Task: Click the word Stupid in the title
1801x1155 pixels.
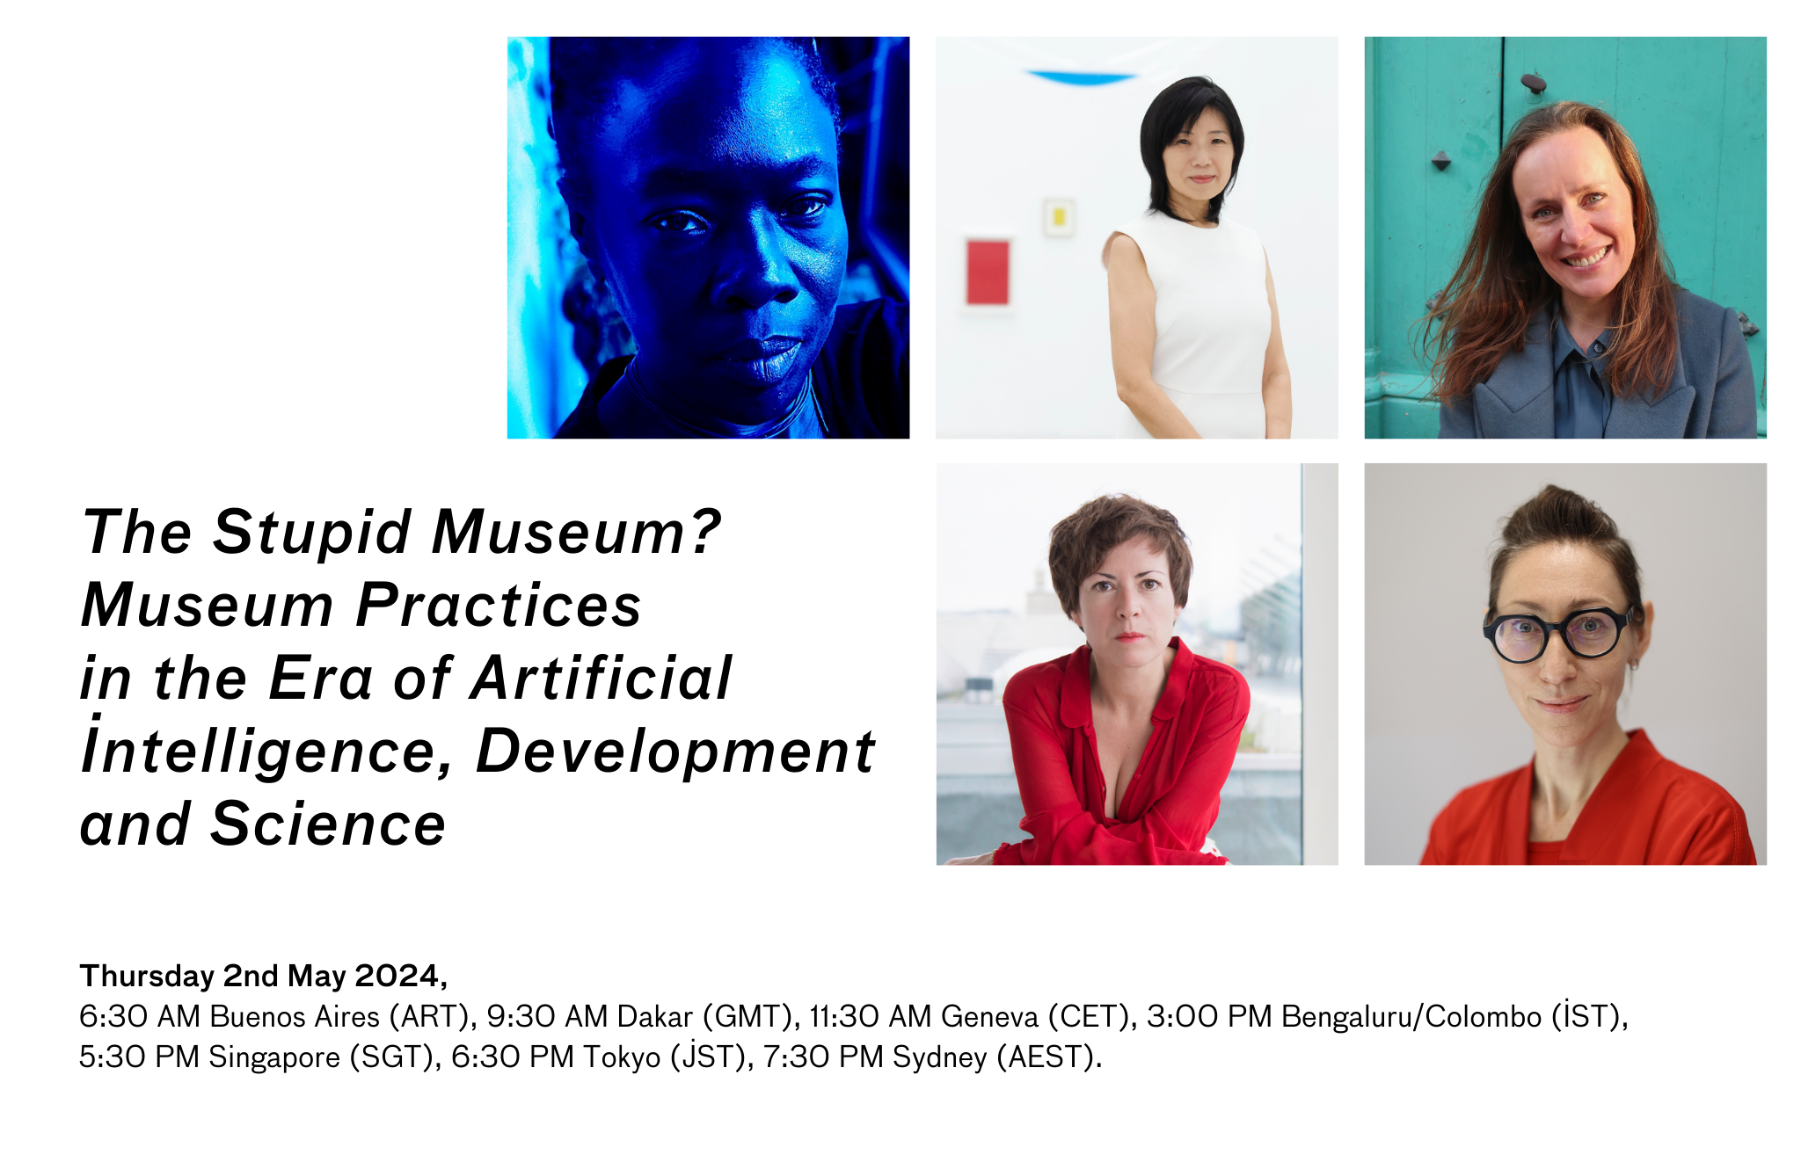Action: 311,533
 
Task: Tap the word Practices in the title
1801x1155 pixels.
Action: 498,606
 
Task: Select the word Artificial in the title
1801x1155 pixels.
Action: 601,679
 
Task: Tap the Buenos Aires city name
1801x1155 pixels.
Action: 295,1017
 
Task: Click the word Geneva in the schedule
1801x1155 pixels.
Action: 989,1017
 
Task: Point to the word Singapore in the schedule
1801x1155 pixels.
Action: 273,1057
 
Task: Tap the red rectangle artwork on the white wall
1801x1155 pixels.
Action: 988,271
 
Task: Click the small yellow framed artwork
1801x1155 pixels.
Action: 1059,216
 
